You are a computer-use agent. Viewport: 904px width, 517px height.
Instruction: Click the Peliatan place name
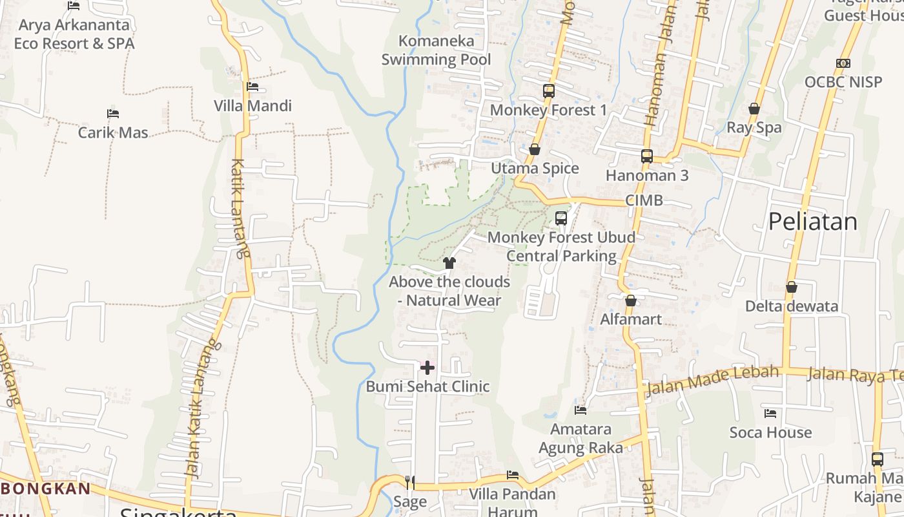[812, 222]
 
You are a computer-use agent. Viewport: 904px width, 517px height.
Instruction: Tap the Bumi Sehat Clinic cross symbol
[427, 368]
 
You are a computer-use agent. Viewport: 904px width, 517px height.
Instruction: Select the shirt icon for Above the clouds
[449, 262]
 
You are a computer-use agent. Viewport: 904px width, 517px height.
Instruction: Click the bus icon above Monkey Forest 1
[548, 91]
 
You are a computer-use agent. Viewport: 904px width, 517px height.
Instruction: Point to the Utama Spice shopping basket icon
[534, 149]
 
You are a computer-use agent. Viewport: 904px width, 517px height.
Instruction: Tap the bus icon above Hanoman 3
[647, 156]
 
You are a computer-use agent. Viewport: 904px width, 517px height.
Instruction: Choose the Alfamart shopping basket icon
[631, 301]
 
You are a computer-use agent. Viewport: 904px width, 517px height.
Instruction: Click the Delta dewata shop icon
[791, 287]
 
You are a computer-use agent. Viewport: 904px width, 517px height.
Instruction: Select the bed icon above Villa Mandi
[252, 87]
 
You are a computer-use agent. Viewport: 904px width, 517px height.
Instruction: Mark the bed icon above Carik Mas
[113, 114]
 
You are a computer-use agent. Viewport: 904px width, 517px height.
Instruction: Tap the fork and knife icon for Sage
[409, 482]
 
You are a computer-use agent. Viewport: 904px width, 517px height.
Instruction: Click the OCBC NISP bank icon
[843, 63]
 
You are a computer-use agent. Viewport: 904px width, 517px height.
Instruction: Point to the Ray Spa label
[754, 127]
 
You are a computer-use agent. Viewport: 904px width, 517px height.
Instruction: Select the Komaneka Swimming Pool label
[436, 50]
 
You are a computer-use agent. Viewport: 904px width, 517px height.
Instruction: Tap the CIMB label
[644, 200]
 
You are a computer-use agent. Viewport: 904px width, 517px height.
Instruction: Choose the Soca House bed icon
[770, 413]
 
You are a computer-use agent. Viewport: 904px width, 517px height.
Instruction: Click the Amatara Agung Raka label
[580, 438]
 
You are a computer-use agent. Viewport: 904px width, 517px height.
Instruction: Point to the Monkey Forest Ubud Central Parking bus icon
[560, 218]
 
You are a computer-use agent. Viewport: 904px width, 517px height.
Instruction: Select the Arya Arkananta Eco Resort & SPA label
[74, 34]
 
